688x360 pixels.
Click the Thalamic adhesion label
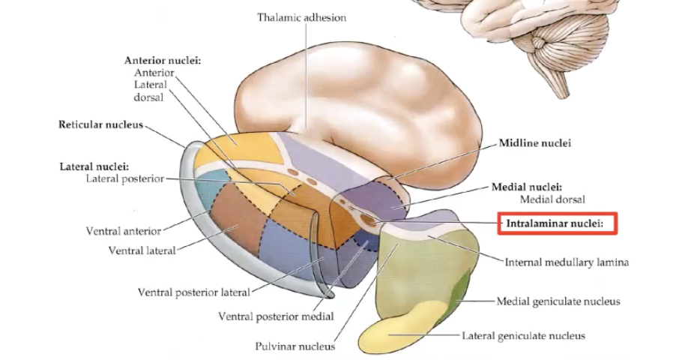[302, 17]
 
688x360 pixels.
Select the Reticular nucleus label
[100, 124]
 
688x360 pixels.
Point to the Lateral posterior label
[124, 179]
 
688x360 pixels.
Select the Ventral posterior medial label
[275, 316]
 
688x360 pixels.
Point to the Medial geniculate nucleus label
[558, 301]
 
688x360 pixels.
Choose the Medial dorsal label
[552, 199]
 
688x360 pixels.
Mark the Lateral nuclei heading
[94, 166]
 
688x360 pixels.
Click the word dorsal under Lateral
[148, 97]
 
